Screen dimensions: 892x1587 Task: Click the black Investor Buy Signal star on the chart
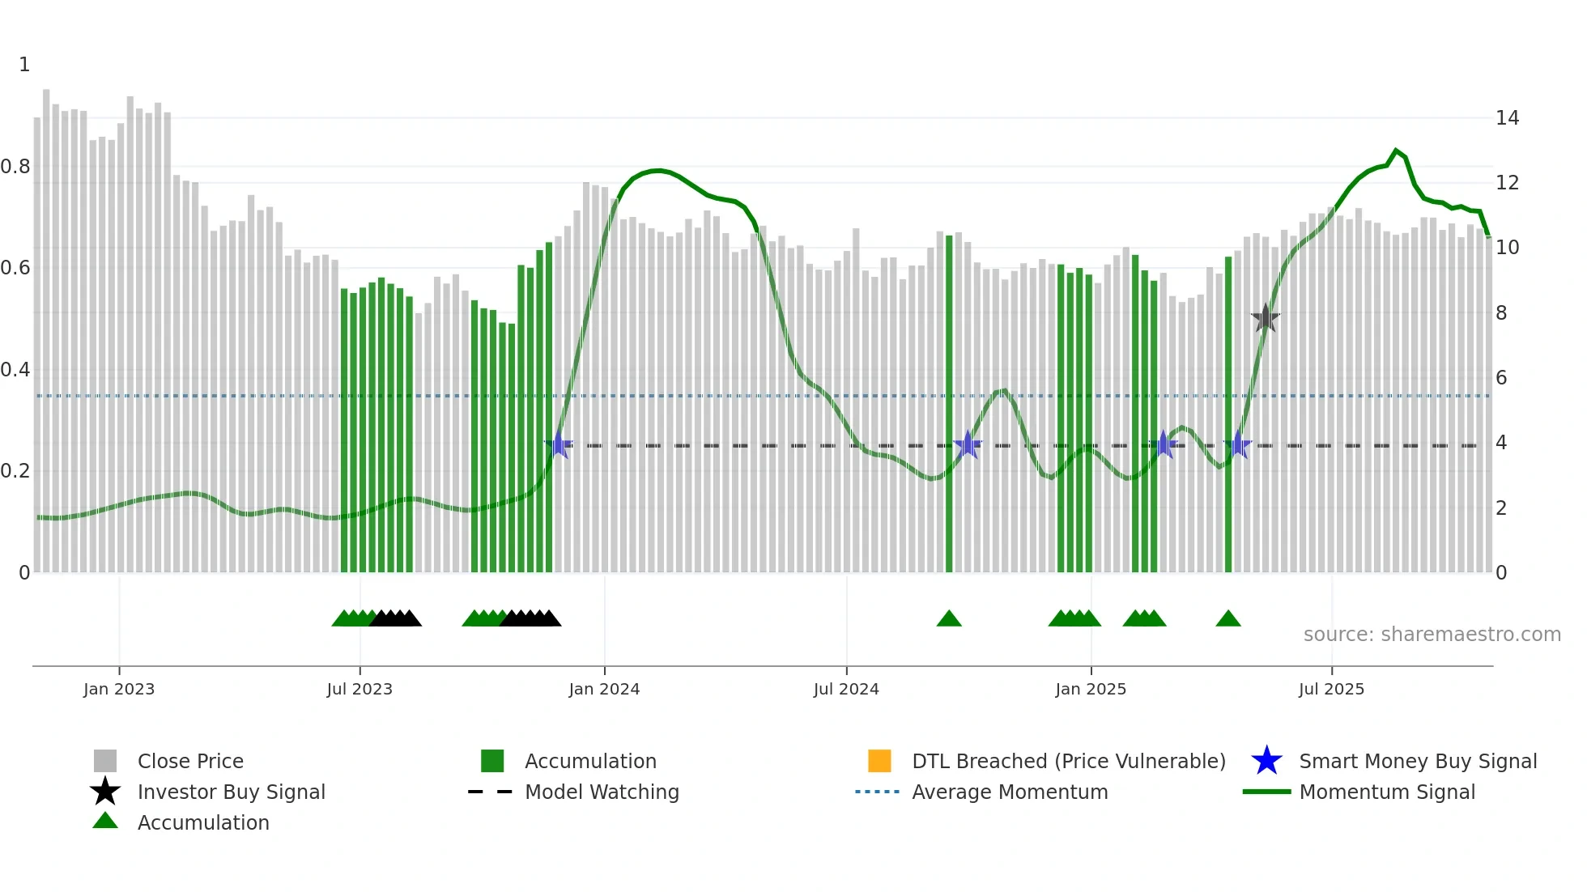click(x=1265, y=318)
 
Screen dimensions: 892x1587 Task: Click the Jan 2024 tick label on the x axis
click(x=604, y=689)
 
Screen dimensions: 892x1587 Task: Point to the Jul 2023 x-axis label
click(x=360, y=689)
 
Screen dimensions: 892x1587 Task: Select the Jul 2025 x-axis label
click(x=1331, y=689)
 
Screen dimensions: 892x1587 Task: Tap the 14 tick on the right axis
click(x=1507, y=118)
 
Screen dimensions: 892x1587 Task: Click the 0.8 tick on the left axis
click(x=16, y=167)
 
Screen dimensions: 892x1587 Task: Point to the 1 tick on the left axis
click(x=24, y=65)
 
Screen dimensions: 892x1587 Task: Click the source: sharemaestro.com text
click(x=1432, y=635)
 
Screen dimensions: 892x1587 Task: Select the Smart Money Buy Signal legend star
click(x=1266, y=761)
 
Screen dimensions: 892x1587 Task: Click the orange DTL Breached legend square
click(x=879, y=761)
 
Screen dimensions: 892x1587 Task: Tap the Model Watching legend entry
click(x=602, y=792)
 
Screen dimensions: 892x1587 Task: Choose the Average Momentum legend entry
click(x=1009, y=792)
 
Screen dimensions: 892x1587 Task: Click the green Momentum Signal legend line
click(x=1266, y=792)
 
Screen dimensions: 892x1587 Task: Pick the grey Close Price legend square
click(x=105, y=761)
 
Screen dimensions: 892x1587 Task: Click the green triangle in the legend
click(x=105, y=821)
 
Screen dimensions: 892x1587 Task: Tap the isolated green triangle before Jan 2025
click(x=949, y=619)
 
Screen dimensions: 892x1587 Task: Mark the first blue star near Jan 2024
click(x=559, y=444)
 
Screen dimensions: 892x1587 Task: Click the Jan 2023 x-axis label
click(x=119, y=689)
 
